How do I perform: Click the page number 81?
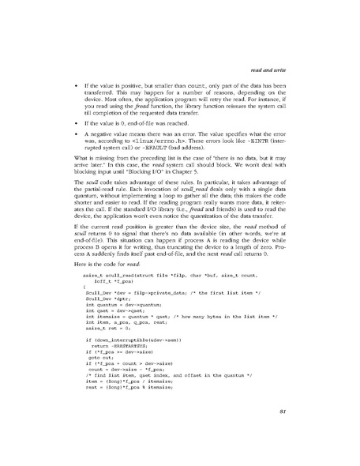coord(310,432)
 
